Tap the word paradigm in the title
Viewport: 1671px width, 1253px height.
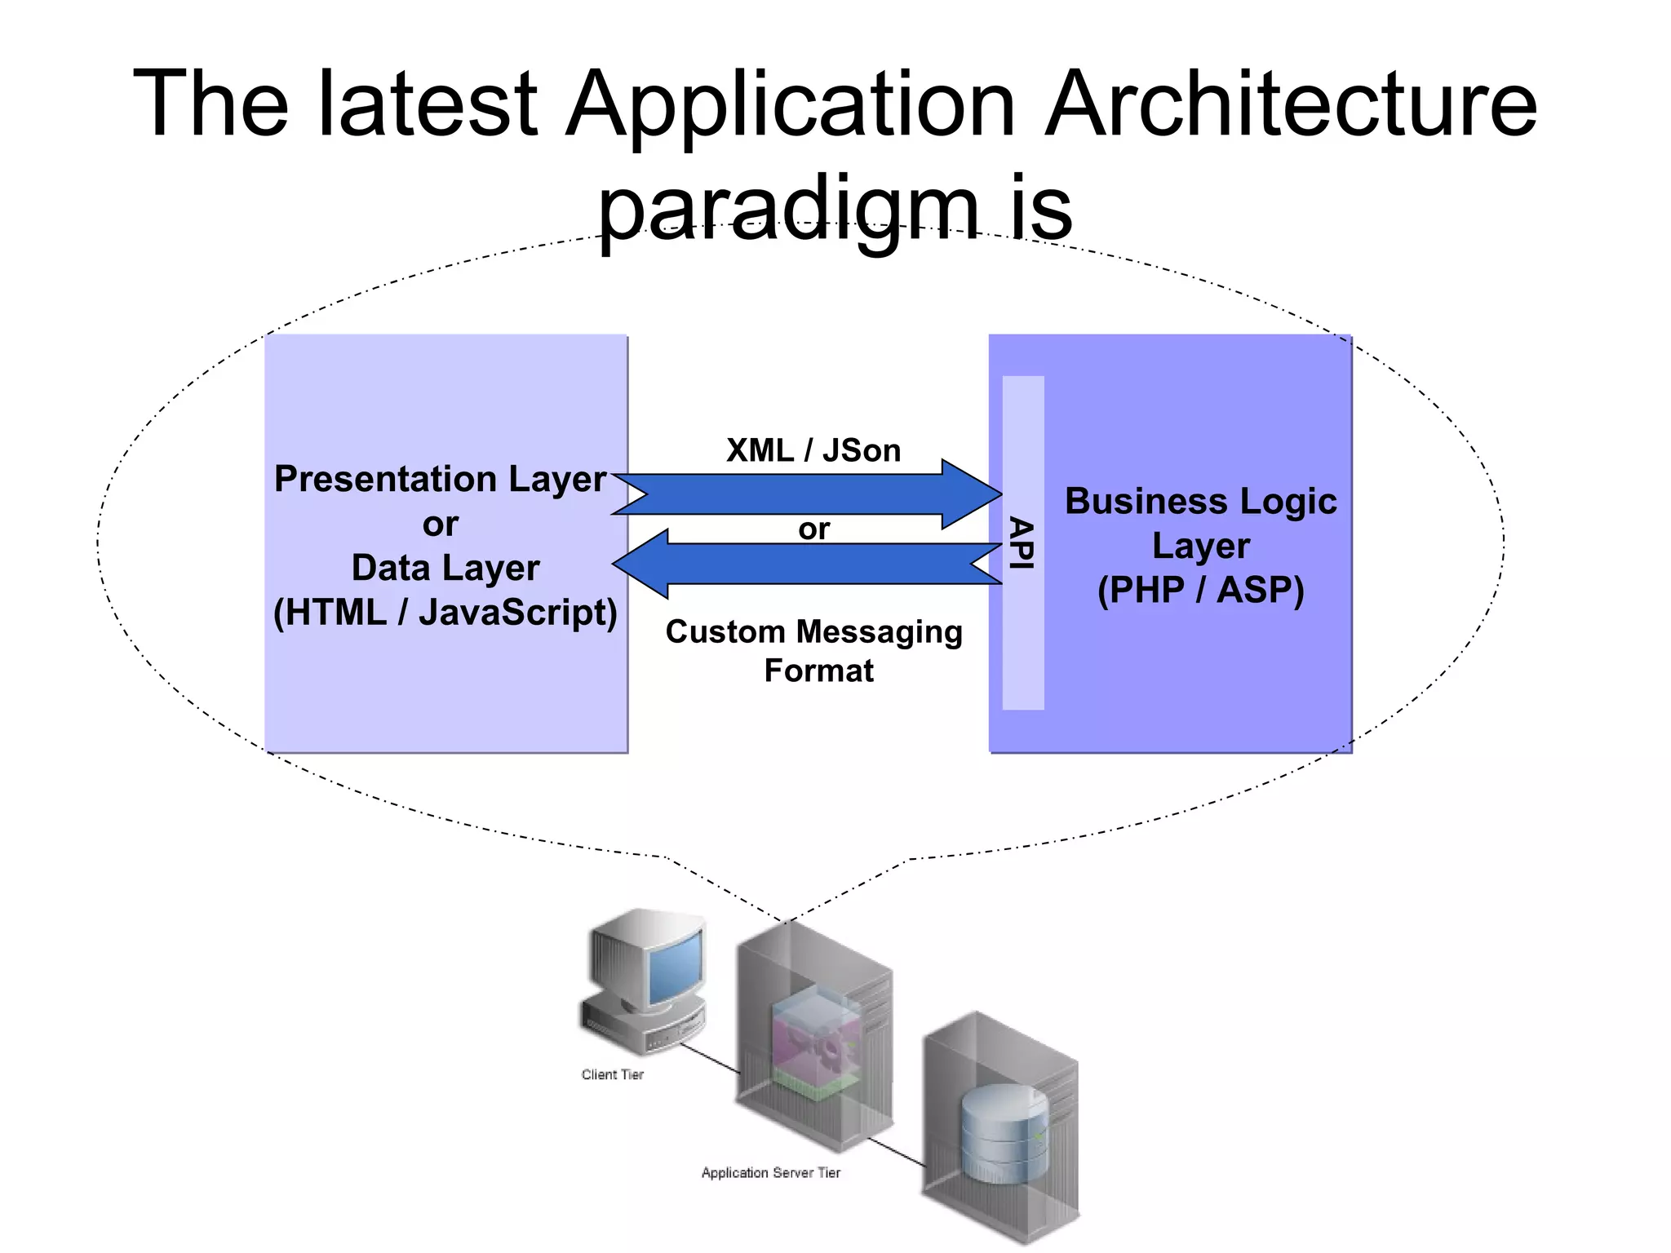coord(788,208)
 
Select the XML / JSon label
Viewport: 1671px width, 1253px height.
coord(813,450)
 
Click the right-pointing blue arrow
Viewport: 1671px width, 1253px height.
coord(808,494)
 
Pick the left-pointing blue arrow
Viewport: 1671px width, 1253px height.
coord(808,564)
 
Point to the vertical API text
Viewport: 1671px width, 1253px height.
coord(1022,542)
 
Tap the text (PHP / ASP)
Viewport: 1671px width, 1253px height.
coord(1200,590)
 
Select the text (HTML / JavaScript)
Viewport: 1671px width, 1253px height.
coord(445,612)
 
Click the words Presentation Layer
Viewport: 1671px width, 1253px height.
coord(441,479)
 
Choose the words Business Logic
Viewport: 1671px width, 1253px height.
coord(1200,501)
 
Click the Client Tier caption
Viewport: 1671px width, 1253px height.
coord(612,1074)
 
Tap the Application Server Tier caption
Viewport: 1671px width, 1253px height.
coord(770,1172)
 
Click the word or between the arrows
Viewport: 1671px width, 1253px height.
coord(813,529)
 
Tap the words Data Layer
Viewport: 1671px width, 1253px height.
coord(445,568)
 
